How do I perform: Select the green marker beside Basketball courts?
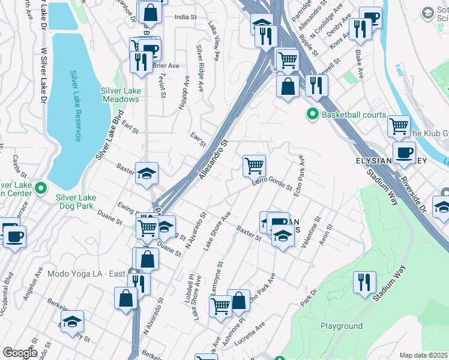tap(312, 113)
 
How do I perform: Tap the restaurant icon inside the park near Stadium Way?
tap(364, 282)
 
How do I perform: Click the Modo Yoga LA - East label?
tap(88, 274)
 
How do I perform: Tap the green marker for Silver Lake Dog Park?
tap(41, 189)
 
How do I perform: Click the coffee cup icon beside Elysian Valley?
tap(404, 152)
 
